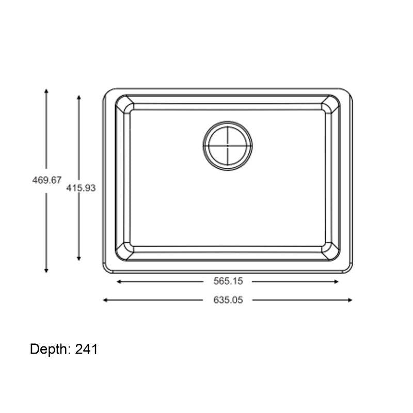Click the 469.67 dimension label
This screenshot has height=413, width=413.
(x=46, y=180)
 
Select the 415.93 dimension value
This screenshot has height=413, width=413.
(x=81, y=188)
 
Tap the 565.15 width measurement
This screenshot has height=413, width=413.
(x=228, y=281)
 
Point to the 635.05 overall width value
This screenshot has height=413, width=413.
(x=228, y=300)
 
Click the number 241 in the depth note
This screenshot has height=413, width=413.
(x=87, y=350)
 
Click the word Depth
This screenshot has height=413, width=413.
(x=51, y=350)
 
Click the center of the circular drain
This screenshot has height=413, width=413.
(x=228, y=146)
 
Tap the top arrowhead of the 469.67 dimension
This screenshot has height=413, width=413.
(x=46, y=90)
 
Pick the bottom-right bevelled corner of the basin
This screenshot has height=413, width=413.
(x=330, y=251)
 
